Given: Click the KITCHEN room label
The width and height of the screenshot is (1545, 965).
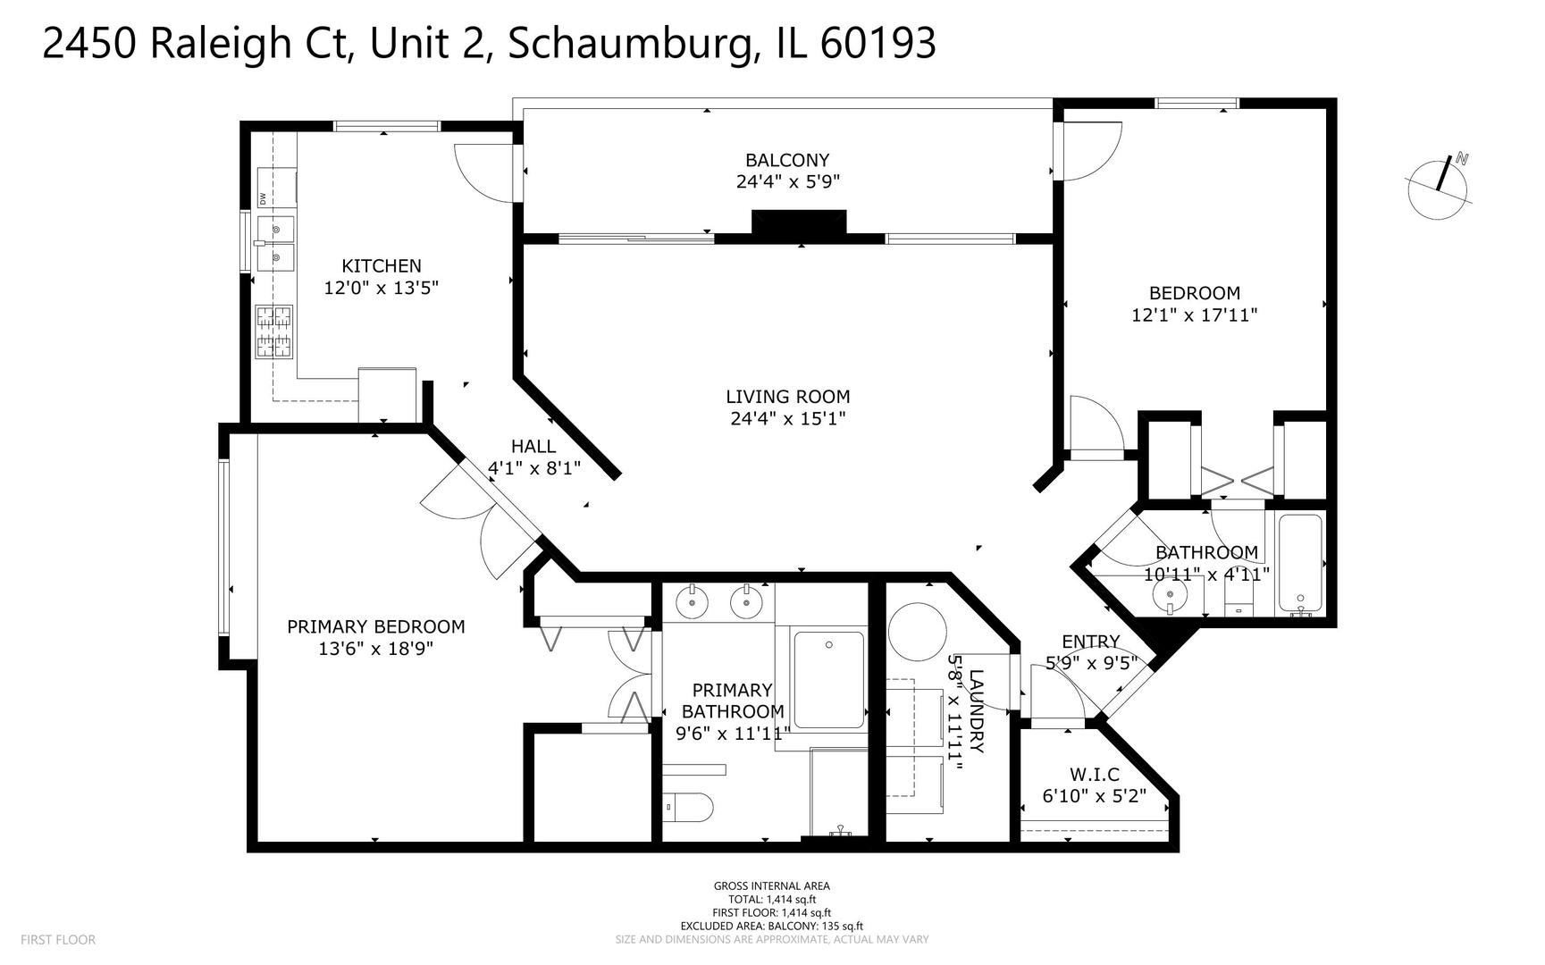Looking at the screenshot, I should coord(382,266).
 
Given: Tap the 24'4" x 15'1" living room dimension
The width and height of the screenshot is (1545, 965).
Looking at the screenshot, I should coord(787,418).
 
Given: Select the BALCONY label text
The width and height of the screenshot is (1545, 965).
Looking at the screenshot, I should coord(787,160).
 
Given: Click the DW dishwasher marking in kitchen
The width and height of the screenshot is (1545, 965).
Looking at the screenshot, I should coord(264,198).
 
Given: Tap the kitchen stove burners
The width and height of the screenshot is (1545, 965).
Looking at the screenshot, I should coord(274,331).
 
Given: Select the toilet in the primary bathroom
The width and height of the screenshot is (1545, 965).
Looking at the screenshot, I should coord(690,808).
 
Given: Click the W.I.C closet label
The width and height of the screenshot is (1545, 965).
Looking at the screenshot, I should coord(1094,774).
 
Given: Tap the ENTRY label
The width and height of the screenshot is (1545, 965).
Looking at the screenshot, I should coord(1090,642).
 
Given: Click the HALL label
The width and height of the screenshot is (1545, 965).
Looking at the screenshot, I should coord(533,446).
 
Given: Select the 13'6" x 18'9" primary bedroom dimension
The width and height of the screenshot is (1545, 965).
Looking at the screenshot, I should coord(375,649).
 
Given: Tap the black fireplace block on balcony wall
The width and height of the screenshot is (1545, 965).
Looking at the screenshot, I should coord(799,223).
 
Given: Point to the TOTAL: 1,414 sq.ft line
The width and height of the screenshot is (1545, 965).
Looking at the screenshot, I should coord(772,900).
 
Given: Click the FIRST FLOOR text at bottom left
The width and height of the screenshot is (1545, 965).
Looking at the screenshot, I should coord(58,939).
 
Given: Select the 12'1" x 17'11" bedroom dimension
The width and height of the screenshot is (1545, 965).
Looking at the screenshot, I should coord(1195,315).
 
